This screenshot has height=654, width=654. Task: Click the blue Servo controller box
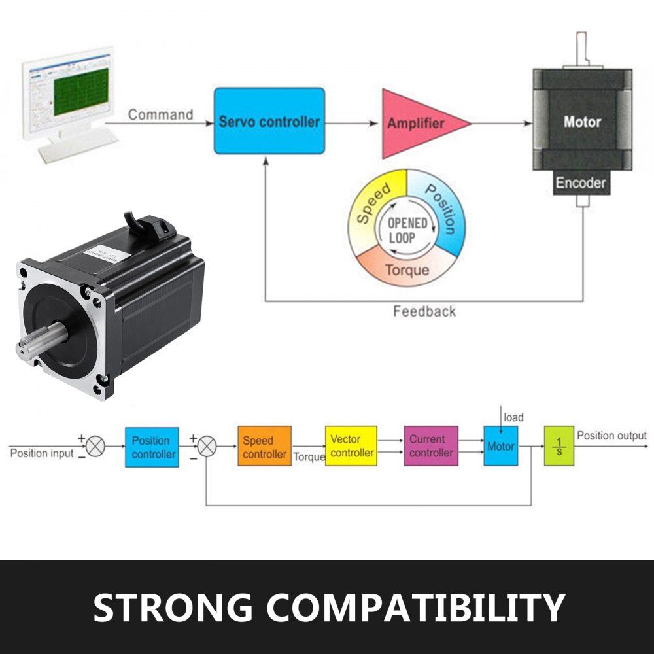[269, 121]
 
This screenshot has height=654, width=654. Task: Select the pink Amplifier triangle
[419, 123]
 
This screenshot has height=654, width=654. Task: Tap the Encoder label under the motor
[581, 183]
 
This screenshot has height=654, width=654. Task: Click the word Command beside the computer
[160, 115]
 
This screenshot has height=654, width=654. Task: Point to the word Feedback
[424, 311]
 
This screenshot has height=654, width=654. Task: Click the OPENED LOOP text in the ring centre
[407, 230]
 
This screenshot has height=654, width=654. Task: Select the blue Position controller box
[152, 447]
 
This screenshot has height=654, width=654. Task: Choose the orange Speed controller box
[264, 447]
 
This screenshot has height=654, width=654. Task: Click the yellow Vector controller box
[351, 446]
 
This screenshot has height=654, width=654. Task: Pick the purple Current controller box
[431, 446]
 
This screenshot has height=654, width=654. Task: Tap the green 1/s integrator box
[559, 446]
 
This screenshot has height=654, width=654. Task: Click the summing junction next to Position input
[96, 447]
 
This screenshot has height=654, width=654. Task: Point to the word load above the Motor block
[513, 417]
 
